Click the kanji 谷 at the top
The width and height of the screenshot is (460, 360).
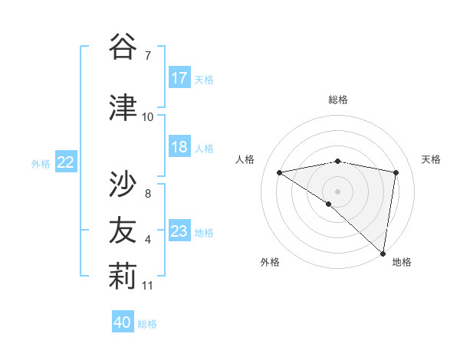123,47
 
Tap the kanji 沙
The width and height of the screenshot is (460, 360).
123,185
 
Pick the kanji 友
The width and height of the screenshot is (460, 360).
123,231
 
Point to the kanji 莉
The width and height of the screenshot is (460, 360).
123,277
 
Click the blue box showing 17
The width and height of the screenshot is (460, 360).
179,78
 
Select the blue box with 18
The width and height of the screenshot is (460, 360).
179,147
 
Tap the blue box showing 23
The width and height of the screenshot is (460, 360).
179,231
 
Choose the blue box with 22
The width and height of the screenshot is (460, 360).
66,162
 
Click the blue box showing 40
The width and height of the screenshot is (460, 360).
123,322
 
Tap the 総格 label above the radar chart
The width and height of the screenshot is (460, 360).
338,100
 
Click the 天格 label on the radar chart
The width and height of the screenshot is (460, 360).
432,159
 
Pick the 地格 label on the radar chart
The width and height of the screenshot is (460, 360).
402,262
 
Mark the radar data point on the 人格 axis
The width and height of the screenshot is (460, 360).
280,172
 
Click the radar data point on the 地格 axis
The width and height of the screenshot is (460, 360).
383,253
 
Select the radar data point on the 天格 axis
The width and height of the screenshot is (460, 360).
396,172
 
